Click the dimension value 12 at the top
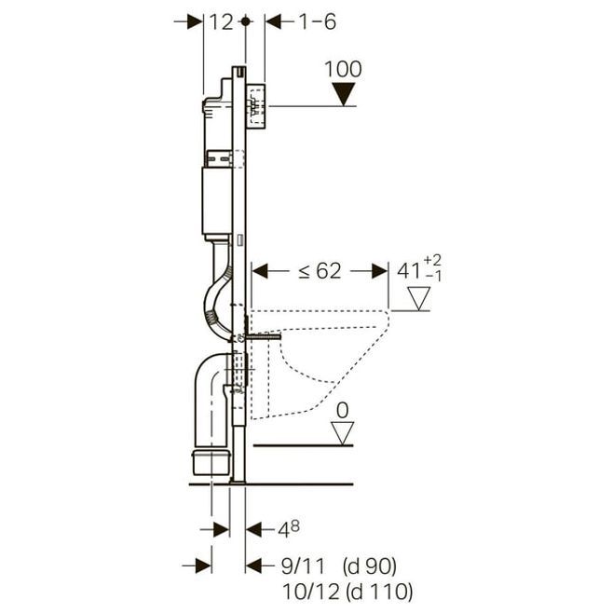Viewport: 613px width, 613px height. [x=222, y=22]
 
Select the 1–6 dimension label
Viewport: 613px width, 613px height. [x=317, y=22]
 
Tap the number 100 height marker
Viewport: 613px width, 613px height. [x=343, y=69]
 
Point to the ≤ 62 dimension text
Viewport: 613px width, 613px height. [x=320, y=270]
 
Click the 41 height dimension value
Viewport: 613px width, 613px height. [x=409, y=271]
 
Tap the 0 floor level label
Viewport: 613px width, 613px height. [x=343, y=411]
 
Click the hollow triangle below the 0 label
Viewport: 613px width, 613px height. [x=343, y=433]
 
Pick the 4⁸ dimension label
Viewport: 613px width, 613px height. [x=289, y=529]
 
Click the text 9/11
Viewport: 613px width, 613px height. [x=303, y=566]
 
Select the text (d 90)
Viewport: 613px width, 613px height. [x=370, y=566]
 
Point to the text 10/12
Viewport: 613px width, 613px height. [x=311, y=592]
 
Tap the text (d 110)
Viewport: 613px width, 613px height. [x=379, y=592]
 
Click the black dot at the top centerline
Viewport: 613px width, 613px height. [x=245, y=21]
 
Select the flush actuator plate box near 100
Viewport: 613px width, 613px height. [x=256, y=106]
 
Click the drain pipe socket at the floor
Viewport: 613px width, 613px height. [x=211, y=462]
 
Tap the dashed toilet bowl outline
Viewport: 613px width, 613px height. [x=319, y=364]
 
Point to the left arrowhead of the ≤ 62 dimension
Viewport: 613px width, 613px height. [x=260, y=271]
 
